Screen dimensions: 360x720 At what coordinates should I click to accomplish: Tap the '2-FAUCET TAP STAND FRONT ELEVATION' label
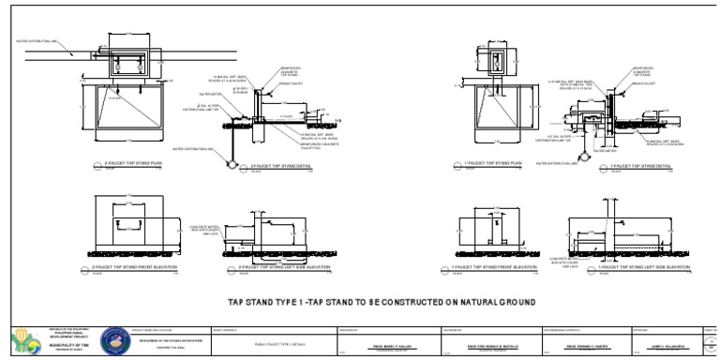(134, 267)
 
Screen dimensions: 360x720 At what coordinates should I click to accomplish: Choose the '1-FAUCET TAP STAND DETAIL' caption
(646, 164)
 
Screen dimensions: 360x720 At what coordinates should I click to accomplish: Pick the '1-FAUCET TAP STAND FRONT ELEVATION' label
(502, 267)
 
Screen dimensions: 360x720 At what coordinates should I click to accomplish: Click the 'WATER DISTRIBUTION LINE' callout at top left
(37, 41)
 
